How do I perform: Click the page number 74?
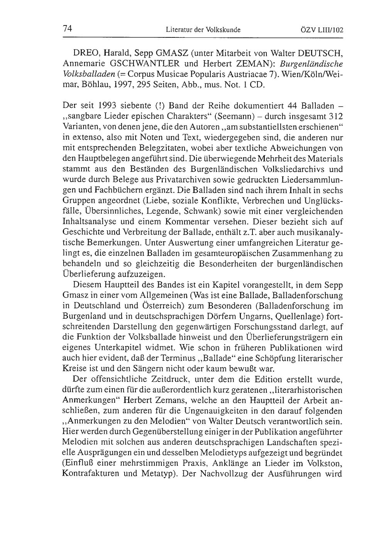pyautogui.click(x=68, y=29)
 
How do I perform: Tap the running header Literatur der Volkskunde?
pyautogui.click(x=203, y=29)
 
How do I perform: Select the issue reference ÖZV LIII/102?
pyautogui.click(x=321, y=29)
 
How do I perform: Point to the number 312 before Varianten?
pyautogui.click(x=336, y=116)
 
